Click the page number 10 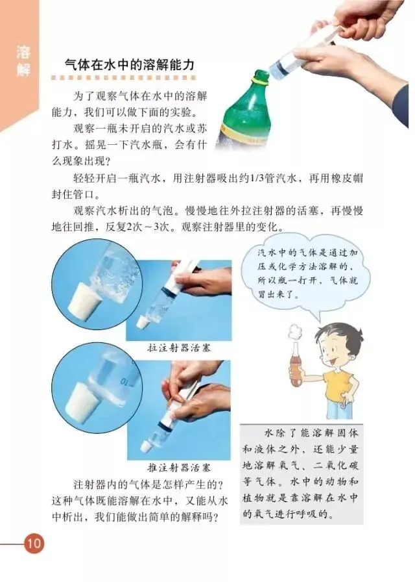tap(34, 544)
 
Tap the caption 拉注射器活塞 tap(179, 348)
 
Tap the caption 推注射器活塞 tap(179, 467)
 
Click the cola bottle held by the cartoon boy tap(296, 366)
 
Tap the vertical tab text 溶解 tap(23, 61)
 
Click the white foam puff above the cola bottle tap(295, 333)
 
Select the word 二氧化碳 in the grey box tap(336, 466)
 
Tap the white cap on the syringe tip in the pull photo tap(141, 323)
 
